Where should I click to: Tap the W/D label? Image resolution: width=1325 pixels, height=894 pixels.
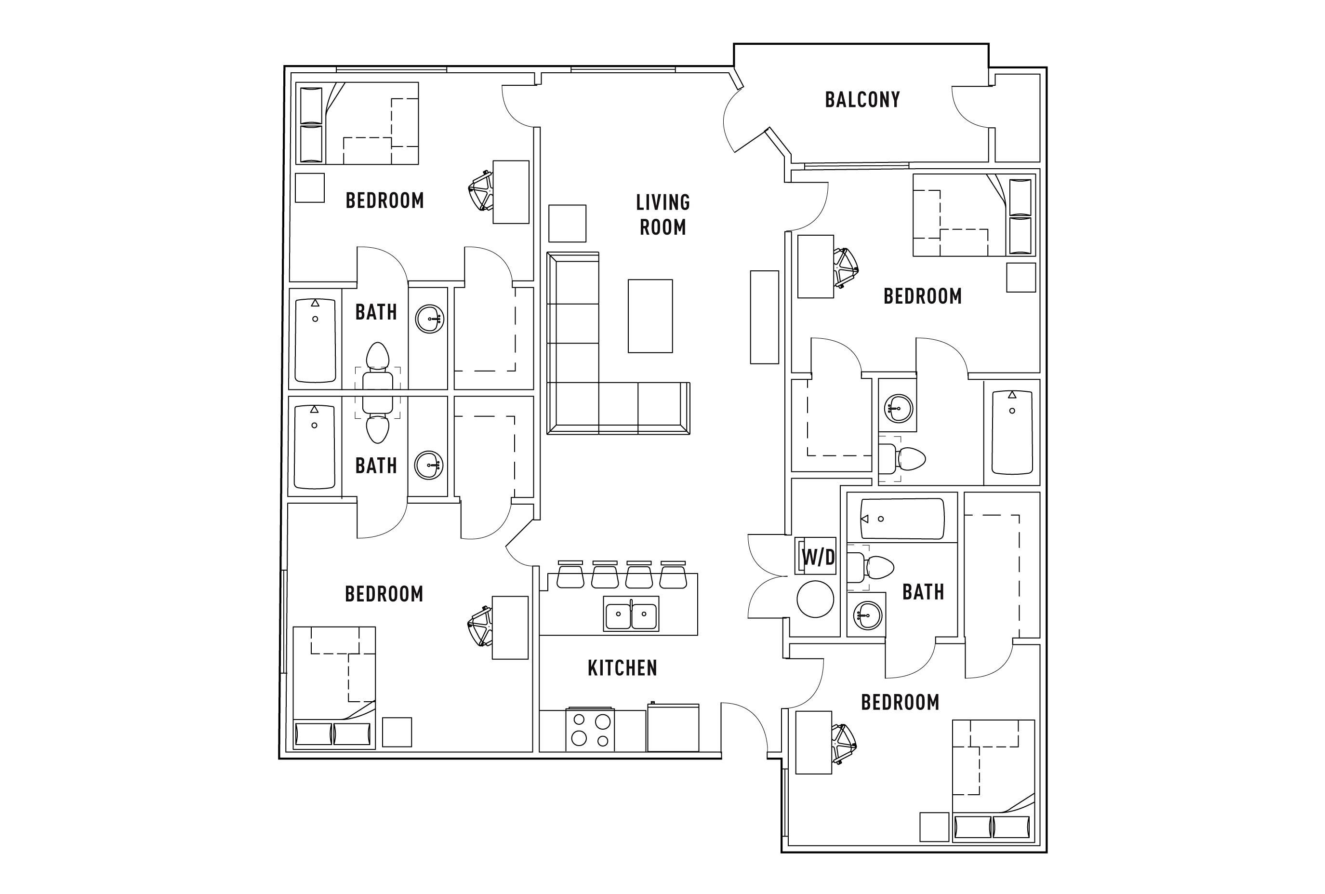[818, 557]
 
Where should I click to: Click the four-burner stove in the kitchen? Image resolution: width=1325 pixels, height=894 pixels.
[590, 730]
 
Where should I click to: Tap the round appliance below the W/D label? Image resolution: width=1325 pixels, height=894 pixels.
[814, 599]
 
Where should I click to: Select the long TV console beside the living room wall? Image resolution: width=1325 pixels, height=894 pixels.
[764, 317]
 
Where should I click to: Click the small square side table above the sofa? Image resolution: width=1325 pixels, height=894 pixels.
[567, 224]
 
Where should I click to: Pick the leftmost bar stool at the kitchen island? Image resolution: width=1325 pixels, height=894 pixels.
[570, 575]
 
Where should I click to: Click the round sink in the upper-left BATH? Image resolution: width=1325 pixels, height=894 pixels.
[429, 319]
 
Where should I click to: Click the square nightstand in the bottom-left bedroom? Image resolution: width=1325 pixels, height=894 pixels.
[396, 732]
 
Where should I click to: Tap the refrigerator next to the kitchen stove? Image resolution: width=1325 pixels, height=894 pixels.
[673, 728]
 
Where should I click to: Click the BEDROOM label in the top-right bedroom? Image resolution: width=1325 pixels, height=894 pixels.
[922, 296]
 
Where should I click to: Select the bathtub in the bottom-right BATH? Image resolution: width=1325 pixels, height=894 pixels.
[901, 519]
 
